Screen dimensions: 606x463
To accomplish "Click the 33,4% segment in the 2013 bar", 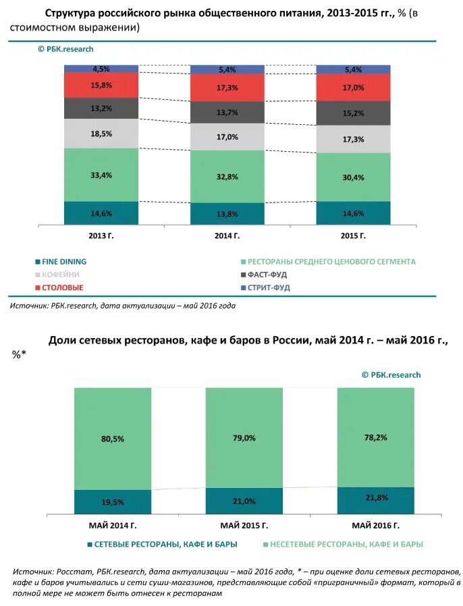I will pos(101,175).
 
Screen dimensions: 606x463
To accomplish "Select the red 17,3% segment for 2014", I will pos(227,88).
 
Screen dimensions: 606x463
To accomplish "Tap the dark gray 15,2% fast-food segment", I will pos(353,113).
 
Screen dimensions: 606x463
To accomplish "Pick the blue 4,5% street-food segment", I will pos(101,69).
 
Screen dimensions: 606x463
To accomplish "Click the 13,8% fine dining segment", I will pos(227,213).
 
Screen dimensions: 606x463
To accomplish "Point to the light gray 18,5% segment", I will pos(101,134).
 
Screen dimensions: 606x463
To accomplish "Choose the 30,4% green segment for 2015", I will pos(353,177).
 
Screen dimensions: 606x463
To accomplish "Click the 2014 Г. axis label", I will pos(227,236).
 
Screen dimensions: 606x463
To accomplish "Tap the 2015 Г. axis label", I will pos(353,236).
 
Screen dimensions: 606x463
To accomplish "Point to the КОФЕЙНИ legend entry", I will pos(61,275).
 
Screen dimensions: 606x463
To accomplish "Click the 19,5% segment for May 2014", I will pos(113,502).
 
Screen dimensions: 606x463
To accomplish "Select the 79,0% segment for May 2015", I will pos(244,437).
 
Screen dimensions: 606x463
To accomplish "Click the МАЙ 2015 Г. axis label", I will pos(244,525).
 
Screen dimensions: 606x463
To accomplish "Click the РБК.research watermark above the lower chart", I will pos(391,375).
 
